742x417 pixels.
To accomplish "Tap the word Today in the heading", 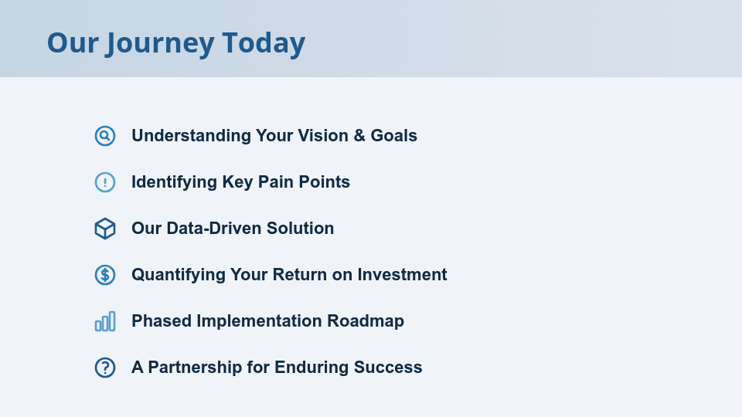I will pyautogui.click(x=264, y=43).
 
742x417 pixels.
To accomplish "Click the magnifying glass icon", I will pyautogui.click(x=105, y=136).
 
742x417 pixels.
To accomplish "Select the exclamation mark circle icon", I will pyautogui.click(x=105, y=182).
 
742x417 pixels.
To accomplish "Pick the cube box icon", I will pyautogui.click(x=105, y=229).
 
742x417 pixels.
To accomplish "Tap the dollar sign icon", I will pyautogui.click(x=105, y=275).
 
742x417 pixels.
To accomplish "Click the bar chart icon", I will pyautogui.click(x=105, y=321).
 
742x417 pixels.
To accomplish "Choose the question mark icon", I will pyautogui.click(x=105, y=368).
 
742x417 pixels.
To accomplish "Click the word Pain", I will pyautogui.click(x=273, y=182).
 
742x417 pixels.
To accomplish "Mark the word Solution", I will pyautogui.click(x=301, y=229).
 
